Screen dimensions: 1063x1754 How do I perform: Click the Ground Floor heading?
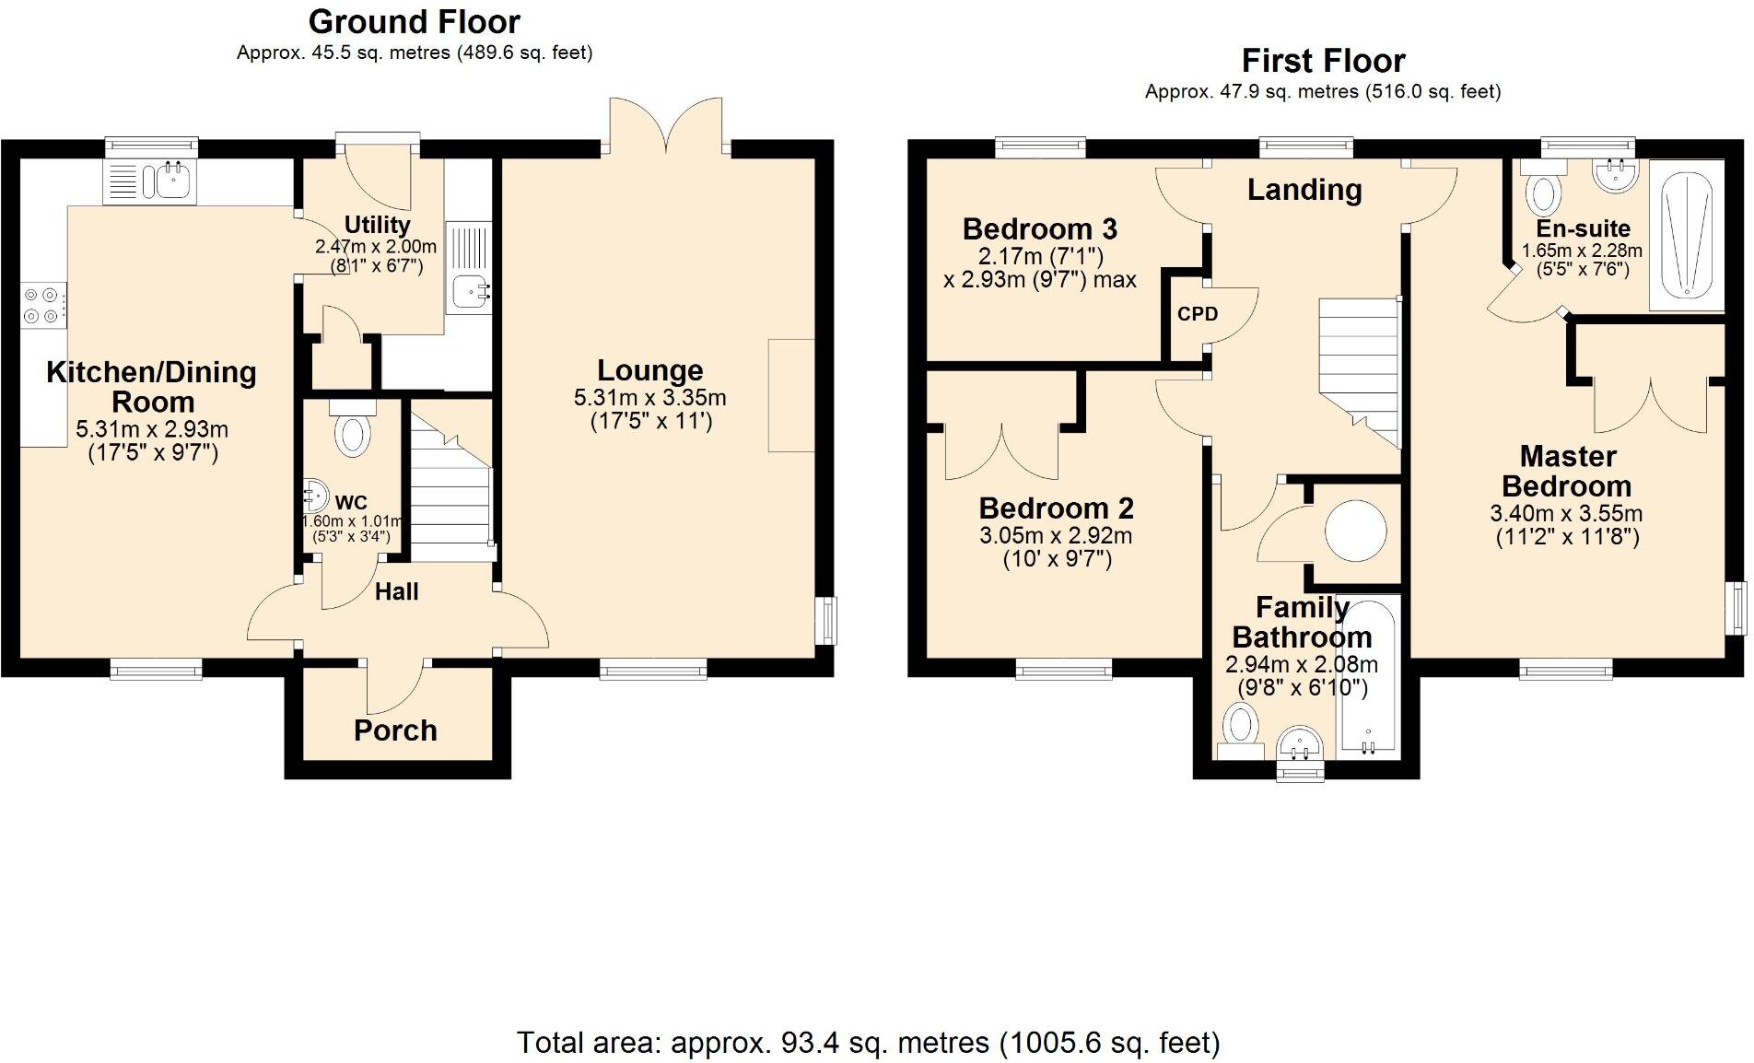point(414,21)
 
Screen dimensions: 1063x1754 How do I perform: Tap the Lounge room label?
point(649,370)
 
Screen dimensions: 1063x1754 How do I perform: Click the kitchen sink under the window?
point(171,181)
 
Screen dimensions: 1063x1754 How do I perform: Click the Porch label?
point(395,730)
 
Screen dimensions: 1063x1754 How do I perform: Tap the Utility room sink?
point(471,293)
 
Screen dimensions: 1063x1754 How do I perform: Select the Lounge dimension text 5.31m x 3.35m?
point(649,398)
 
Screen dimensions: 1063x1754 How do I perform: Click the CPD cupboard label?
point(1197,314)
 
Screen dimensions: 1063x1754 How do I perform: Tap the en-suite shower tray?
point(1685,236)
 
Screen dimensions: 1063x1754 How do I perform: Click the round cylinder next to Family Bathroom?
point(1354,531)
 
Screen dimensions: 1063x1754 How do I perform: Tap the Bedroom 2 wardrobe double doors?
point(1001,451)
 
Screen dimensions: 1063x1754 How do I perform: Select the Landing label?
point(1304,190)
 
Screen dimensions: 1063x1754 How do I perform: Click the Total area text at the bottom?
point(868,1042)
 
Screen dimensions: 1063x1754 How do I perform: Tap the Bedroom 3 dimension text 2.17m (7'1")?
point(1040,255)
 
